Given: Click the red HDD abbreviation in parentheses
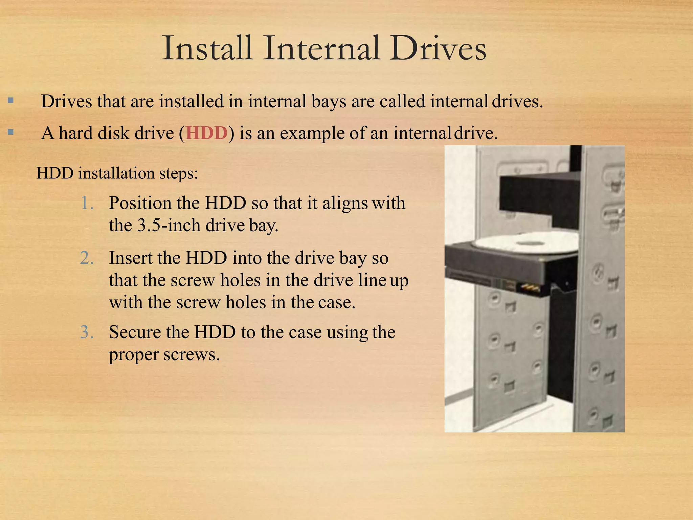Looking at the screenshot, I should click(206, 133).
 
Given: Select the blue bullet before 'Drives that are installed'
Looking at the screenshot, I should click(11, 101).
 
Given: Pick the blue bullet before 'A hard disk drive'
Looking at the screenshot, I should click(11, 132).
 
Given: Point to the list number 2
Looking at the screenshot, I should click(87, 258).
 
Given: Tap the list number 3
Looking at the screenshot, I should click(87, 332).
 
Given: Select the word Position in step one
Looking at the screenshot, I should click(140, 203).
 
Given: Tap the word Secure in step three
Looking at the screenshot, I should click(135, 332).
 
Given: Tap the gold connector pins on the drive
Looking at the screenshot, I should click(530, 288).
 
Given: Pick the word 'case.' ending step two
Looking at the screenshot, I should click(337, 302).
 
